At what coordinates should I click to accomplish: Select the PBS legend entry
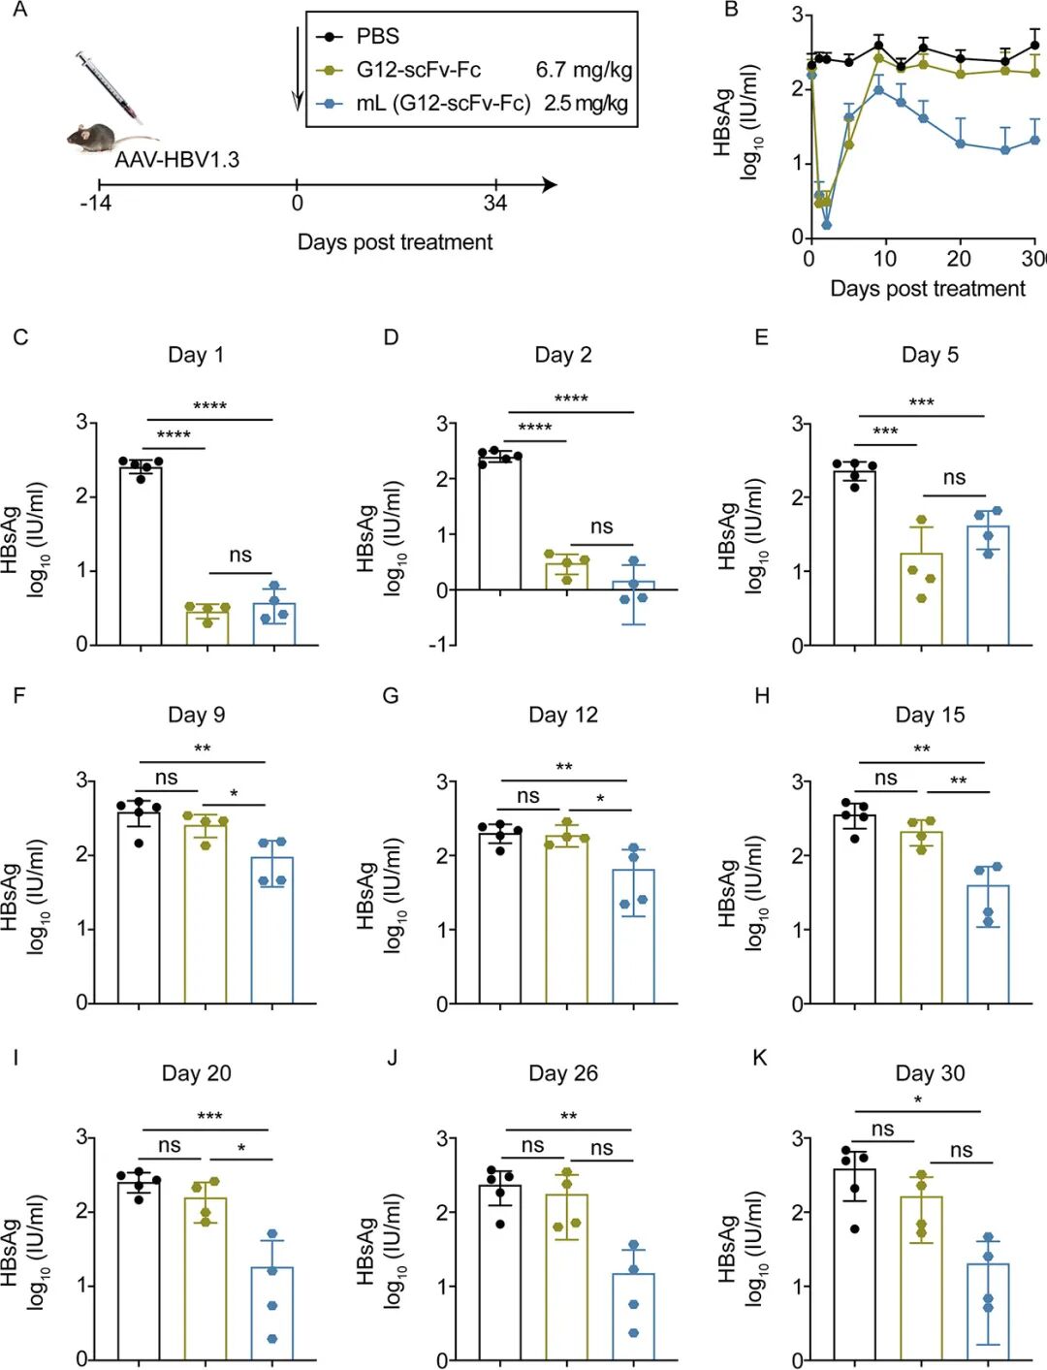(377, 37)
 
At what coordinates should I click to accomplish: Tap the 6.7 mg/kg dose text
(584, 70)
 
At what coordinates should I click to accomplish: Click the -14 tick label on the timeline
(95, 204)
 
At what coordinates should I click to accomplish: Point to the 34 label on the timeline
(495, 204)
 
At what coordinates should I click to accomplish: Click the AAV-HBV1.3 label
(176, 160)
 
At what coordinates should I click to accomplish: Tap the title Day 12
(563, 716)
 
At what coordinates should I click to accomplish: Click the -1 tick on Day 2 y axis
(440, 645)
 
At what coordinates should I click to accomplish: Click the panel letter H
(761, 696)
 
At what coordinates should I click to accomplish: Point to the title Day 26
(563, 1073)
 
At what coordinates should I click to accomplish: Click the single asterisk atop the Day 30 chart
(918, 1100)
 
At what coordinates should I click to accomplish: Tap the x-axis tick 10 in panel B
(884, 259)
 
